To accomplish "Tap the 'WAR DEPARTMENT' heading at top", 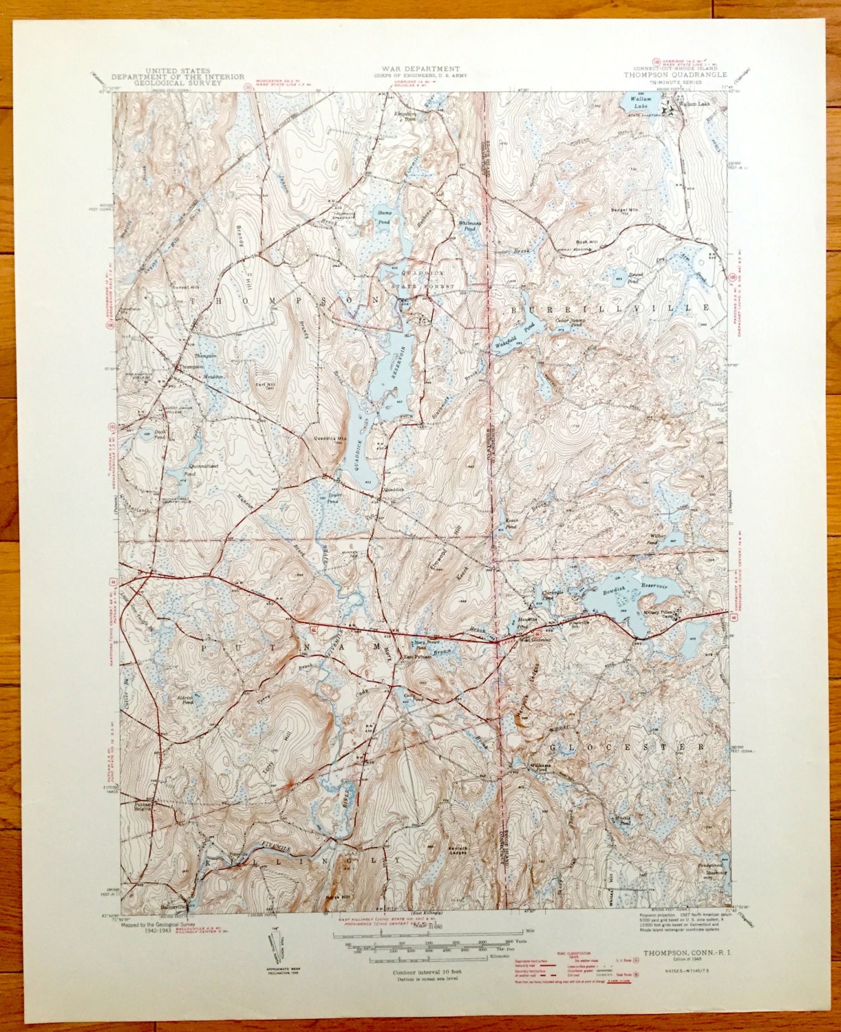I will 418,69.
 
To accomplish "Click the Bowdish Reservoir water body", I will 613,605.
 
